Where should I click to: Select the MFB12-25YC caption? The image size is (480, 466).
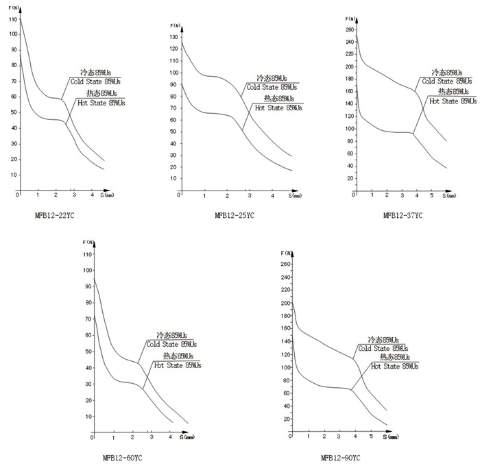235,215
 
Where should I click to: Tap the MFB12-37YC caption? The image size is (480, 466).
403,215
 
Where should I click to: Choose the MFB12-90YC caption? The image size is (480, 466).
341,458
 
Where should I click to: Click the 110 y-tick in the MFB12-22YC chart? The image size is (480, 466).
12,20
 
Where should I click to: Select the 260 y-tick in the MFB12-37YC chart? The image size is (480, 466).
349,30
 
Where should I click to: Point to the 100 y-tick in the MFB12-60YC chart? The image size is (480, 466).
86,270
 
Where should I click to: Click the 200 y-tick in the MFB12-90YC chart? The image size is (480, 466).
286,303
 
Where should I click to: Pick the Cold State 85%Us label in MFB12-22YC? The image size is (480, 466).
95,81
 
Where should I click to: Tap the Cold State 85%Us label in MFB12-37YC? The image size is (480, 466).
447,81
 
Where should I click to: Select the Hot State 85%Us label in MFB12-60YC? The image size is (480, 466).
177,365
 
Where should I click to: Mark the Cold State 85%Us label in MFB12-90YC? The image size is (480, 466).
387,349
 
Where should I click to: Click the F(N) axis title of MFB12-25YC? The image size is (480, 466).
176,25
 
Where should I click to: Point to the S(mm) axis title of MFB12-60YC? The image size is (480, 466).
186,437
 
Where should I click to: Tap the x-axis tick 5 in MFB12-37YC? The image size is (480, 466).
431,196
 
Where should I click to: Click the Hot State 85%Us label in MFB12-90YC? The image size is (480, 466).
394,367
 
